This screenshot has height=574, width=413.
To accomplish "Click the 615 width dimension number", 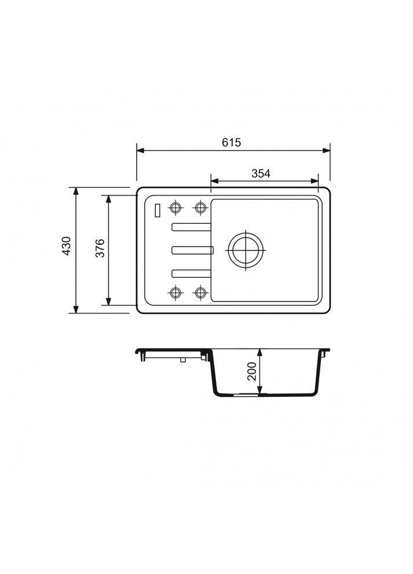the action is (x=232, y=142).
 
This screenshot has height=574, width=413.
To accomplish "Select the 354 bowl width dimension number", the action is (x=261, y=174).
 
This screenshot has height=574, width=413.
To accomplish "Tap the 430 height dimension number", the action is (x=67, y=246).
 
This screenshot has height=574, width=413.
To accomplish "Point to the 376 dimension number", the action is (x=100, y=248).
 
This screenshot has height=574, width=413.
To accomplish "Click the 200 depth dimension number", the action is (x=252, y=371).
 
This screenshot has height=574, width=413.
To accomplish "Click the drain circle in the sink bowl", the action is (x=246, y=251).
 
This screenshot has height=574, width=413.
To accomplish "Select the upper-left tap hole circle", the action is (x=176, y=208).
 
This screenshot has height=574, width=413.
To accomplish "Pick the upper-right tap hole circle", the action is (x=200, y=208).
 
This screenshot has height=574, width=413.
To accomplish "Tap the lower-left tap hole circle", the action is (x=176, y=292).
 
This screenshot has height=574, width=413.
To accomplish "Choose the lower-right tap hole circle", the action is (x=200, y=292).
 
